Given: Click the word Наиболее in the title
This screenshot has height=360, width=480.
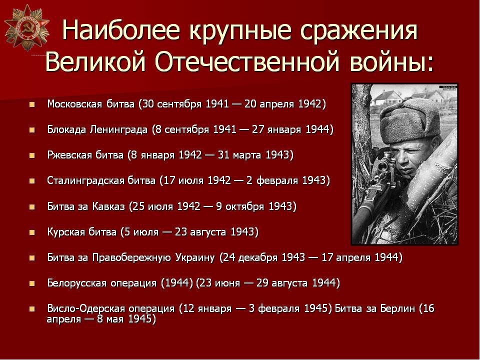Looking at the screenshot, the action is (121, 30).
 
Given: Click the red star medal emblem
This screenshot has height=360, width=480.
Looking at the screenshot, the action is (26, 27).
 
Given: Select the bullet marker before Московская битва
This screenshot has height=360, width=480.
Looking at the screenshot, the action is (32, 104).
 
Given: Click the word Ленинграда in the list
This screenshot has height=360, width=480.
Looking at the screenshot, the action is (119, 130).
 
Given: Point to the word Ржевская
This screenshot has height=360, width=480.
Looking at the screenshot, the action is (70, 155).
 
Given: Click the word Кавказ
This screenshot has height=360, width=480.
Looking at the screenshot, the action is (108, 206).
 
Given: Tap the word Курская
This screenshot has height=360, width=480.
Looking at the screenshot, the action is (66, 232).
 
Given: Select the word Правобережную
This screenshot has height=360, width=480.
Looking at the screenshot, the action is (131, 257).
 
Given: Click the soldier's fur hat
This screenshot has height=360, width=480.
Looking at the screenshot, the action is (410, 121).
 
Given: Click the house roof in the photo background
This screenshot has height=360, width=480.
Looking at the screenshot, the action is (386, 95).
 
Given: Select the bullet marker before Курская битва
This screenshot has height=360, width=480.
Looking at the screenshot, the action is (32, 232).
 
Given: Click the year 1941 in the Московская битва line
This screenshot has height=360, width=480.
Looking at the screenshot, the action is (217, 104).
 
